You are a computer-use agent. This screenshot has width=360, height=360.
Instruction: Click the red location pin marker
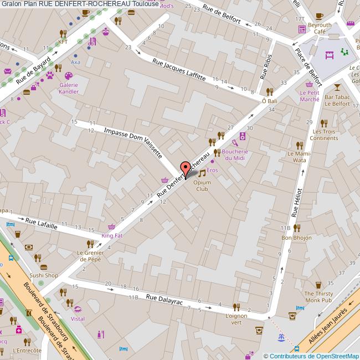[x=186, y=167]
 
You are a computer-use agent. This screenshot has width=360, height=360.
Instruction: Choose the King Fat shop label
[x=112, y=235]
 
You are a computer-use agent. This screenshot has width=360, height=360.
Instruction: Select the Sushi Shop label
[x=44, y=275]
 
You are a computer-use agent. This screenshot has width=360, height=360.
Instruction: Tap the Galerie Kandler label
[x=69, y=88]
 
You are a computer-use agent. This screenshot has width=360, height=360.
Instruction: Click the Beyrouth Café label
[x=319, y=28]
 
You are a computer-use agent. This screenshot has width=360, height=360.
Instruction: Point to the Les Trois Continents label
[x=325, y=135]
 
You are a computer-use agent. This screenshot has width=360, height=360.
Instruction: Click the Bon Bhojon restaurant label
[x=294, y=238]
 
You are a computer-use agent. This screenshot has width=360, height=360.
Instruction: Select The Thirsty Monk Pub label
[x=318, y=296]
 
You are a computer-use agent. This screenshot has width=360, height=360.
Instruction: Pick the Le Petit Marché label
[x=309, y=96]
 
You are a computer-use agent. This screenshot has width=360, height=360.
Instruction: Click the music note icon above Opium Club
[x=202, y=173]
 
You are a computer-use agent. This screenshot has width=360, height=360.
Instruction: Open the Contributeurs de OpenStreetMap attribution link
[x=313, y=356]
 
